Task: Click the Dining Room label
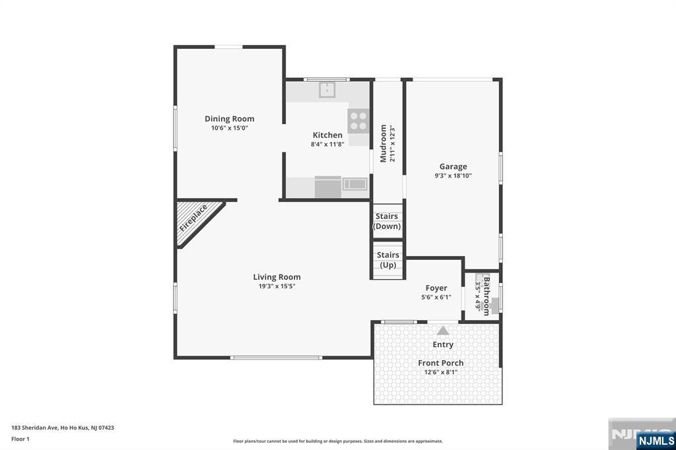pyautogui.click(x=229, y=119)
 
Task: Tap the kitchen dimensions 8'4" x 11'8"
pyautogui.click(x=327, y=145)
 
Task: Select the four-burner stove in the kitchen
pyautogui.click(x=358, y=121)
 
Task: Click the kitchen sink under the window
pyautogui.click(x=327, y=90)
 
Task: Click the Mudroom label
pyautogui.click(x=384, y=144)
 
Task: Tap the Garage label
pyautogui.click(x=453, y=166)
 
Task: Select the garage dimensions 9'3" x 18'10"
pyautogui.click(x=453, y=176)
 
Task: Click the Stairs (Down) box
pyautogui.click(x=387, y=220)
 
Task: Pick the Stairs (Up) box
pyautogui.click(x=388, y=260)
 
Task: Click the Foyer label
pyautogui.click(x=436, y=288)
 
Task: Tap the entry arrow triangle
pyautogui.click(x=443, y=331)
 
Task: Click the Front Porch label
pyautogui.click(x=440, y=363)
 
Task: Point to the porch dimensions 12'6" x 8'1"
pyautogui.click(x=440, y=372)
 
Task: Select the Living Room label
pyautogui.click(x=277, y=277)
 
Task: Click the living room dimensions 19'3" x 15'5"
pyautogui.click(x=277, y=286)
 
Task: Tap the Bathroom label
pyautogui.click(x=487, y=296)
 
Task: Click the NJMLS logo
pyautogui.click(x=656, y=440)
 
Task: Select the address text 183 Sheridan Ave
pyautogui.click(x=35, y=428)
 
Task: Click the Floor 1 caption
pyautogui.click(x=20, y=439)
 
